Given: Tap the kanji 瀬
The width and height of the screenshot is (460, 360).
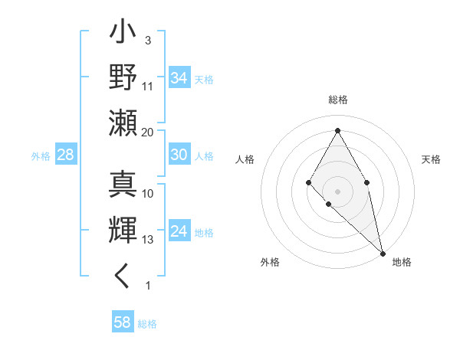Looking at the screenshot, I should click(x=123, y=123).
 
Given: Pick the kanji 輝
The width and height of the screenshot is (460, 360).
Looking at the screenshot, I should click(x=123, y=231).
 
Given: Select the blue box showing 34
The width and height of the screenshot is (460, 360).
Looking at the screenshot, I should click(x=179, y=78).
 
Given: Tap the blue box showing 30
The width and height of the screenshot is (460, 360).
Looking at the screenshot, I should click(x=179, y=155).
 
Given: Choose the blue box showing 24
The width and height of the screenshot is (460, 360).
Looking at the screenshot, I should click(x=179, y=231).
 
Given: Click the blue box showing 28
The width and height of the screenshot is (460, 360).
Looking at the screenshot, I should click(x=65, y=155).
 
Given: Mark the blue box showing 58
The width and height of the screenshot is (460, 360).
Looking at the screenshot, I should click(x=123, y=322).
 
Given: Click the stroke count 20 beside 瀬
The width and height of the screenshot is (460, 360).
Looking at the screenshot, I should click(x=147, y=133).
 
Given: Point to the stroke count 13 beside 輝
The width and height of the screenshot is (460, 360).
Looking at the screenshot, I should click(x=148, y=240).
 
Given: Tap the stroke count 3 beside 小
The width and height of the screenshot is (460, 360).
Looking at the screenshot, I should click(x=148, y=40).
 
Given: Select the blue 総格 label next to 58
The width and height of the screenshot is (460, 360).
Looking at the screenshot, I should click(x=147, y=324).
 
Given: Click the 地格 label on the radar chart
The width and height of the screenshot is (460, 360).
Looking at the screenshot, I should click(x=402, y=262).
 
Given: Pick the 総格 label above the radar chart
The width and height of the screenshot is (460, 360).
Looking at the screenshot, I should click(x=337, y=100).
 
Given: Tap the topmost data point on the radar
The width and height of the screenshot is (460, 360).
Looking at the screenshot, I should click(x=337, y=129).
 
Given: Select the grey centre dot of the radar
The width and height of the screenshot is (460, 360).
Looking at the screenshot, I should click(x=337, y=190).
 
